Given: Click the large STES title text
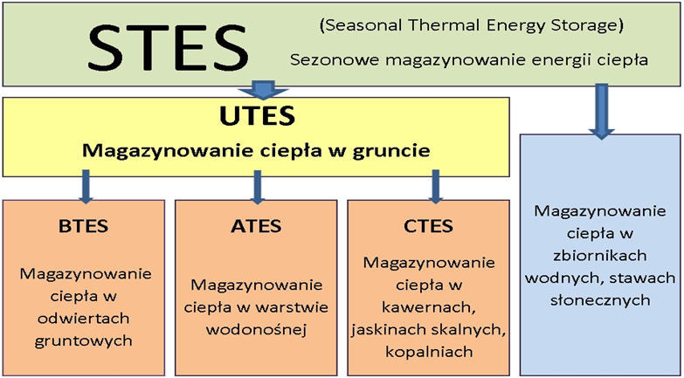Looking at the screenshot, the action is click(x=169, y=49).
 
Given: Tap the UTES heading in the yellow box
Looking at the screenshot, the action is click(x=257, y=116).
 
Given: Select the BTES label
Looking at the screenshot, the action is click(x=83, y=226).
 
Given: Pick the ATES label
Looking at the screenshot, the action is click(x=256, y=226).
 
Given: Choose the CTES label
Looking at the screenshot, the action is click(x=428, y=226).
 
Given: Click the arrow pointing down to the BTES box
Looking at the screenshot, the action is click(x=86, y=187).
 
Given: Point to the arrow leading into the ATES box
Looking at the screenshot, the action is click(x=258, y=187).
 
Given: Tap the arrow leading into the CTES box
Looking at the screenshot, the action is click(x=435, y=187).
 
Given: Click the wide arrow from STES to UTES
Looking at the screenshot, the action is click(x=264, y=89).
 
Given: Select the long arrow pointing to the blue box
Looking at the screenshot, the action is click(x=602, y=112).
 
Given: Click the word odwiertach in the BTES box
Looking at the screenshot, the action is click(x=83, y=319).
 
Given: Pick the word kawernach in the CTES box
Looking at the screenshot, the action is click(x=428, y=308).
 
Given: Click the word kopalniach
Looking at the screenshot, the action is click(x=428, y=352).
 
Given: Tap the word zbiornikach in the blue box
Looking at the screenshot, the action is click(x=600, y=256).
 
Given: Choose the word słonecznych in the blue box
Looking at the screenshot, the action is click(x=600, y=300).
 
